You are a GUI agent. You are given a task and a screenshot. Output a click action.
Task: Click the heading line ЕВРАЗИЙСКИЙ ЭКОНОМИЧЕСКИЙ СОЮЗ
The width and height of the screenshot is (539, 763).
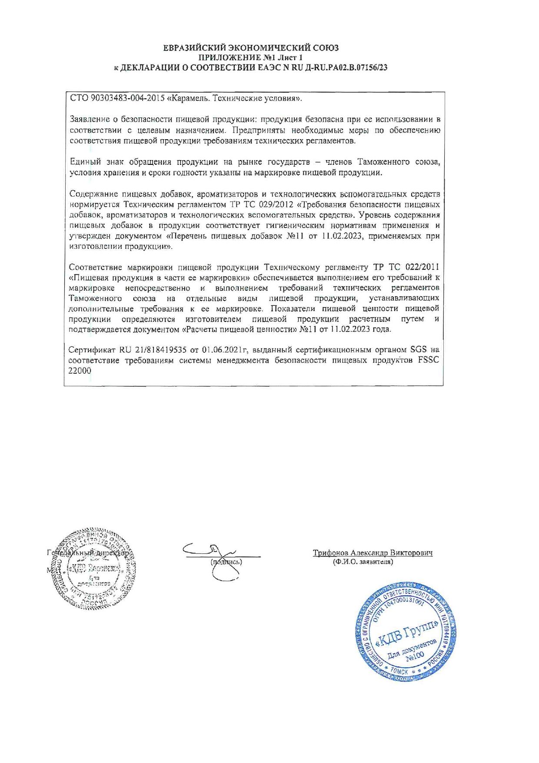click(251, 48)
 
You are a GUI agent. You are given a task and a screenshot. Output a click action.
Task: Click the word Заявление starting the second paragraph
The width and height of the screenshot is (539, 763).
click(90, 120)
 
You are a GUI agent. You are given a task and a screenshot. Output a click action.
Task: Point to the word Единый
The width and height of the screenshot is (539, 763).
click(85, 162)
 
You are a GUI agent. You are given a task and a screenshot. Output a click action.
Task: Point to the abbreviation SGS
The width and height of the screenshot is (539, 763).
click(419, 350)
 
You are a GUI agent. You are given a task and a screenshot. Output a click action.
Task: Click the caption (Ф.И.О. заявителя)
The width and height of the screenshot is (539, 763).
click(363, 562)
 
